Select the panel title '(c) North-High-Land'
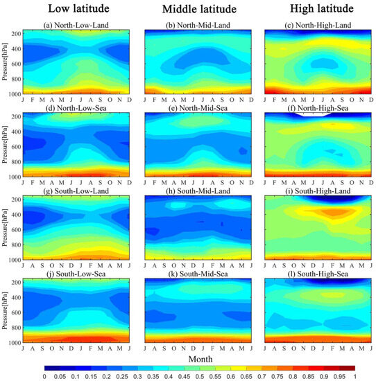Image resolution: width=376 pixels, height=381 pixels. [309, 26]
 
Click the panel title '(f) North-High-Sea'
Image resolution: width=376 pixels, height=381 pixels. [309, 109]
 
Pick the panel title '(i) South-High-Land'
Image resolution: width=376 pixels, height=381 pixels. [309, 192]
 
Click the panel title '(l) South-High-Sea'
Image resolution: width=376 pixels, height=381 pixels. [309, 275]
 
